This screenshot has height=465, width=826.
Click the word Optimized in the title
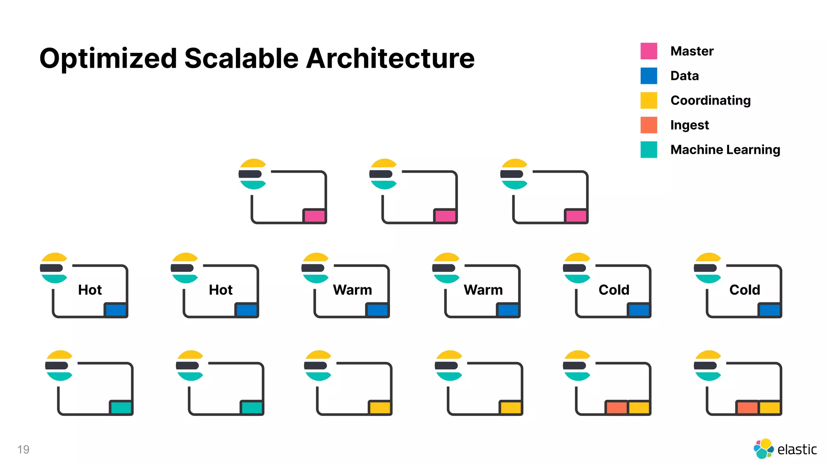pos(108,59)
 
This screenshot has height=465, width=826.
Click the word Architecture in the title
pos(390,59)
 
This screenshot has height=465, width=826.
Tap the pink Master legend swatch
pos(649,51)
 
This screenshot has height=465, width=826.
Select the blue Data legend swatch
pos(649,76)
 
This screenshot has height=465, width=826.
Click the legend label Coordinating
pos(710,101)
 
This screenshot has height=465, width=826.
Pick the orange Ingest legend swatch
pos(649,125)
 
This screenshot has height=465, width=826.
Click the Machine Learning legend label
pos(725,150)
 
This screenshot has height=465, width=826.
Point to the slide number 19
pos(23,449)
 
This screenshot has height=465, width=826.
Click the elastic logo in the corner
pos(784,449)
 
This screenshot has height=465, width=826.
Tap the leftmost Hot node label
pos(90,290)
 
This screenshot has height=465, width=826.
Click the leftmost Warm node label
pos(352,290)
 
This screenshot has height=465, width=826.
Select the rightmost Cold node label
pos(745,290)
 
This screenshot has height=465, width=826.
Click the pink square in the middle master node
pos(445,216)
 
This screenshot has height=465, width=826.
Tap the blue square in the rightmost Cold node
pos(770,310)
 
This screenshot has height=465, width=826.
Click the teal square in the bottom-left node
pos(121,407)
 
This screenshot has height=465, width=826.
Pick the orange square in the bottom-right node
pos(747,407)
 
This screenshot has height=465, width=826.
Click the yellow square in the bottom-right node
pos(770,407)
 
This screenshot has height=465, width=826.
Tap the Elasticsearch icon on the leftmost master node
pos(252,174)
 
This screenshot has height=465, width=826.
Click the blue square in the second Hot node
pos(246,310)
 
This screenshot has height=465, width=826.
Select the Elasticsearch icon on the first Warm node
pos(315,268)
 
